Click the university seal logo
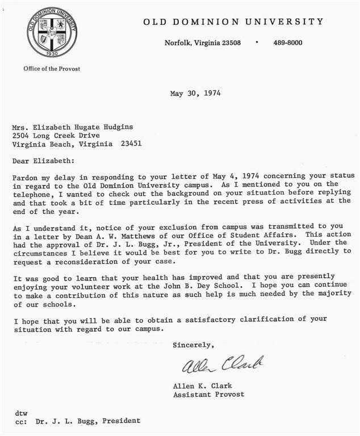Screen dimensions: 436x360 pos(44,33)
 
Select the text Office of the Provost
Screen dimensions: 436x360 pos(52,69)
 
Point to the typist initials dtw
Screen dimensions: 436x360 pos(21,413)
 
